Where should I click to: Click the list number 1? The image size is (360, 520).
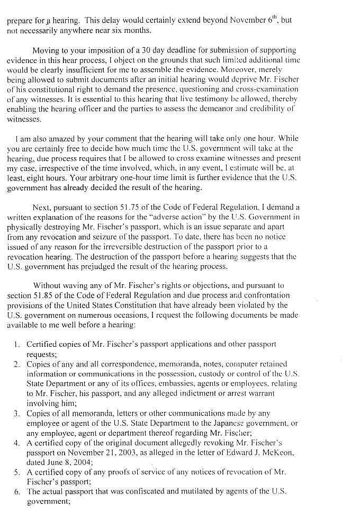coord(16,344)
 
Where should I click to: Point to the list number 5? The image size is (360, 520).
coord(16,472)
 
